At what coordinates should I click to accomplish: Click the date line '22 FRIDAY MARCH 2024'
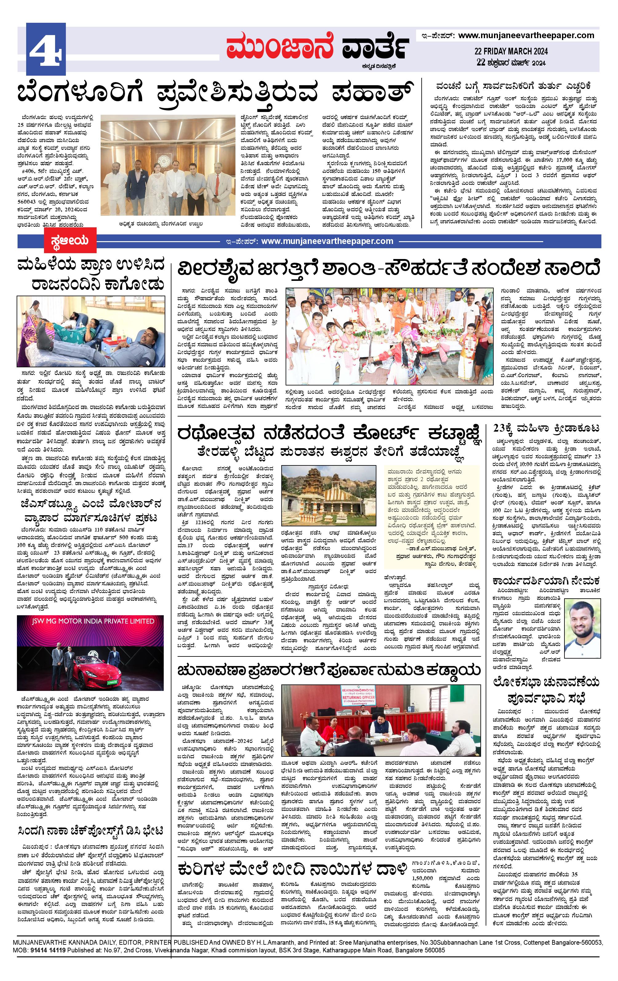tap(511, 51)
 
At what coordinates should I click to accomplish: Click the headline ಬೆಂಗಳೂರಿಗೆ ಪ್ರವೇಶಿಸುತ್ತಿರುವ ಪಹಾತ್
tap(215, 93)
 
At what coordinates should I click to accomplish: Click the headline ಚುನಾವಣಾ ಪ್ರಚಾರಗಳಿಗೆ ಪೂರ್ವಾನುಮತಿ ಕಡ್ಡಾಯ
tap(329, 670)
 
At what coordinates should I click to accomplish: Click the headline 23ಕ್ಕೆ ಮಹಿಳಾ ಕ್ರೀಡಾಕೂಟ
tap(546, 429)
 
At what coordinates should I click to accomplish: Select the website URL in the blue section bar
tap(327, 241)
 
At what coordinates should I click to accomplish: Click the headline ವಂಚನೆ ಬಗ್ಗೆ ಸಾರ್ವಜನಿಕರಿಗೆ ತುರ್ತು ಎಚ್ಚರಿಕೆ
tap(513, 87)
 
